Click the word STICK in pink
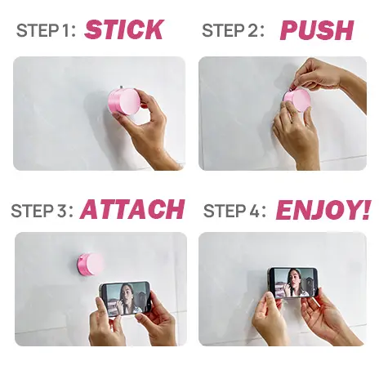coord(124,29)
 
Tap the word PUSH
coord(317,30)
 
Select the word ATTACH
coord(132,209)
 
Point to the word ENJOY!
coord(323,210)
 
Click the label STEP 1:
coord(46,30)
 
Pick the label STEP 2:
coord(233,30)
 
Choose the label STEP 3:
coord(42,211)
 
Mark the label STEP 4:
coord(234,211)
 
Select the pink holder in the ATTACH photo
coord(90,264)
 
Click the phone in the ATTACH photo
coord(125,298)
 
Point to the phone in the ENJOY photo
coord(292,283)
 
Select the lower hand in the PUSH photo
coord(297,136)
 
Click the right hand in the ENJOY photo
coord(327,317)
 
